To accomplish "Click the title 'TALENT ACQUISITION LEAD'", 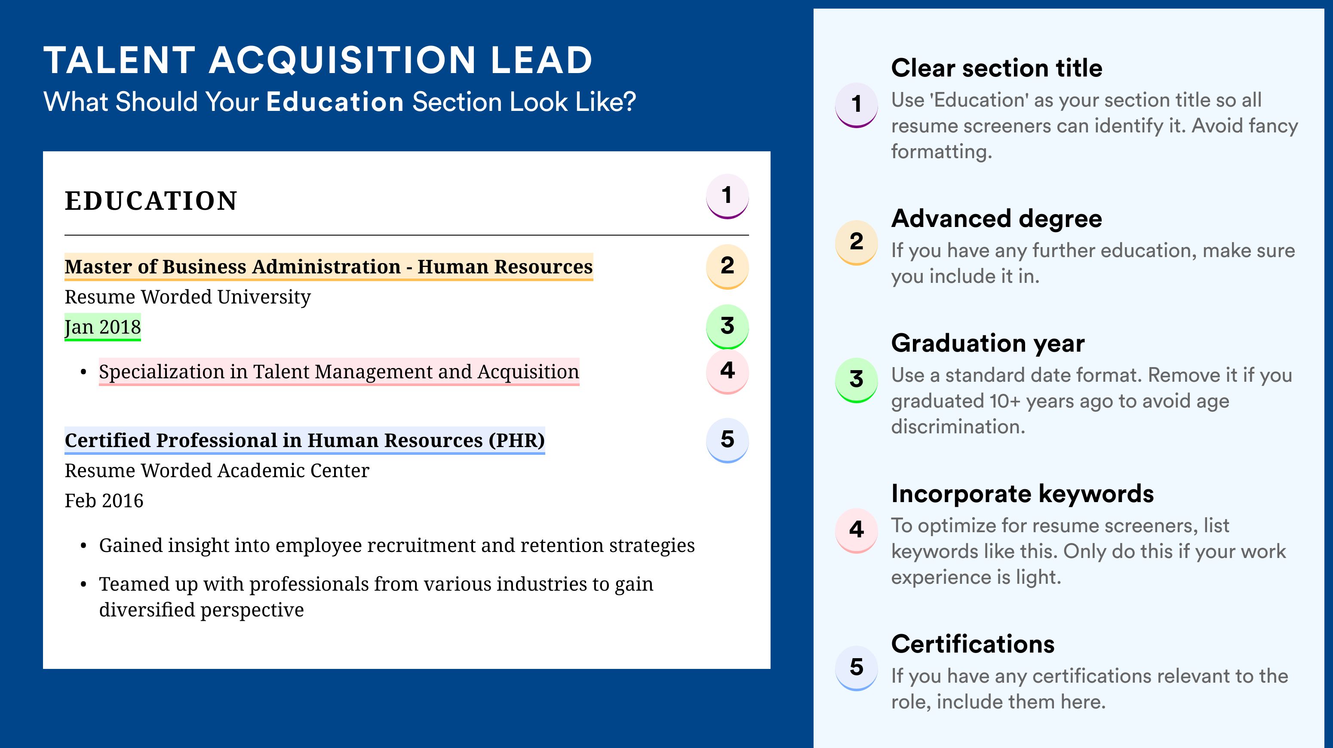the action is click(x=318, y=60).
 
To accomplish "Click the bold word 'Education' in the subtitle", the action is click(x=335, y=101).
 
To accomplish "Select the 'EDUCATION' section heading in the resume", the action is click(x=150, y=201).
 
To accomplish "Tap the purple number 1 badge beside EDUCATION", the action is click(x=727, y=196).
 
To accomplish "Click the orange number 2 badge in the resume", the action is click(x=727, y=267).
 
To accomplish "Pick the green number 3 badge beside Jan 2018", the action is click(x=727, y=326).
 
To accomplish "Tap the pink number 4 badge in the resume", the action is click(x=727, y=371).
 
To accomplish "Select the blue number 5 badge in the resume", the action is click(x=727, y=440).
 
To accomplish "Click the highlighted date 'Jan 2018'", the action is click(x=102, y=327).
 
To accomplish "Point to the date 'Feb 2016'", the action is click(x=104, y=500).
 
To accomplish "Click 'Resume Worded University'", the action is click(x=187, y=297).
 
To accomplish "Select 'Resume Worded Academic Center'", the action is click(x=217, y=470).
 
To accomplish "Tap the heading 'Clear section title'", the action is click(x=997, y=68).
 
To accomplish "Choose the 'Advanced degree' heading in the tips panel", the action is click(x=997, y=219).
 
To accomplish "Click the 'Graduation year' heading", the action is click(x=988, y=343).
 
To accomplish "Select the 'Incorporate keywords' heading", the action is click(x=1023, y=494).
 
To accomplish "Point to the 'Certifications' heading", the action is click(x=973, y=644).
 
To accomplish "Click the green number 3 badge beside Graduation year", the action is click(x=857, y=380).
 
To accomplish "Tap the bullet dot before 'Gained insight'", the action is click(x=83, y=546).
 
